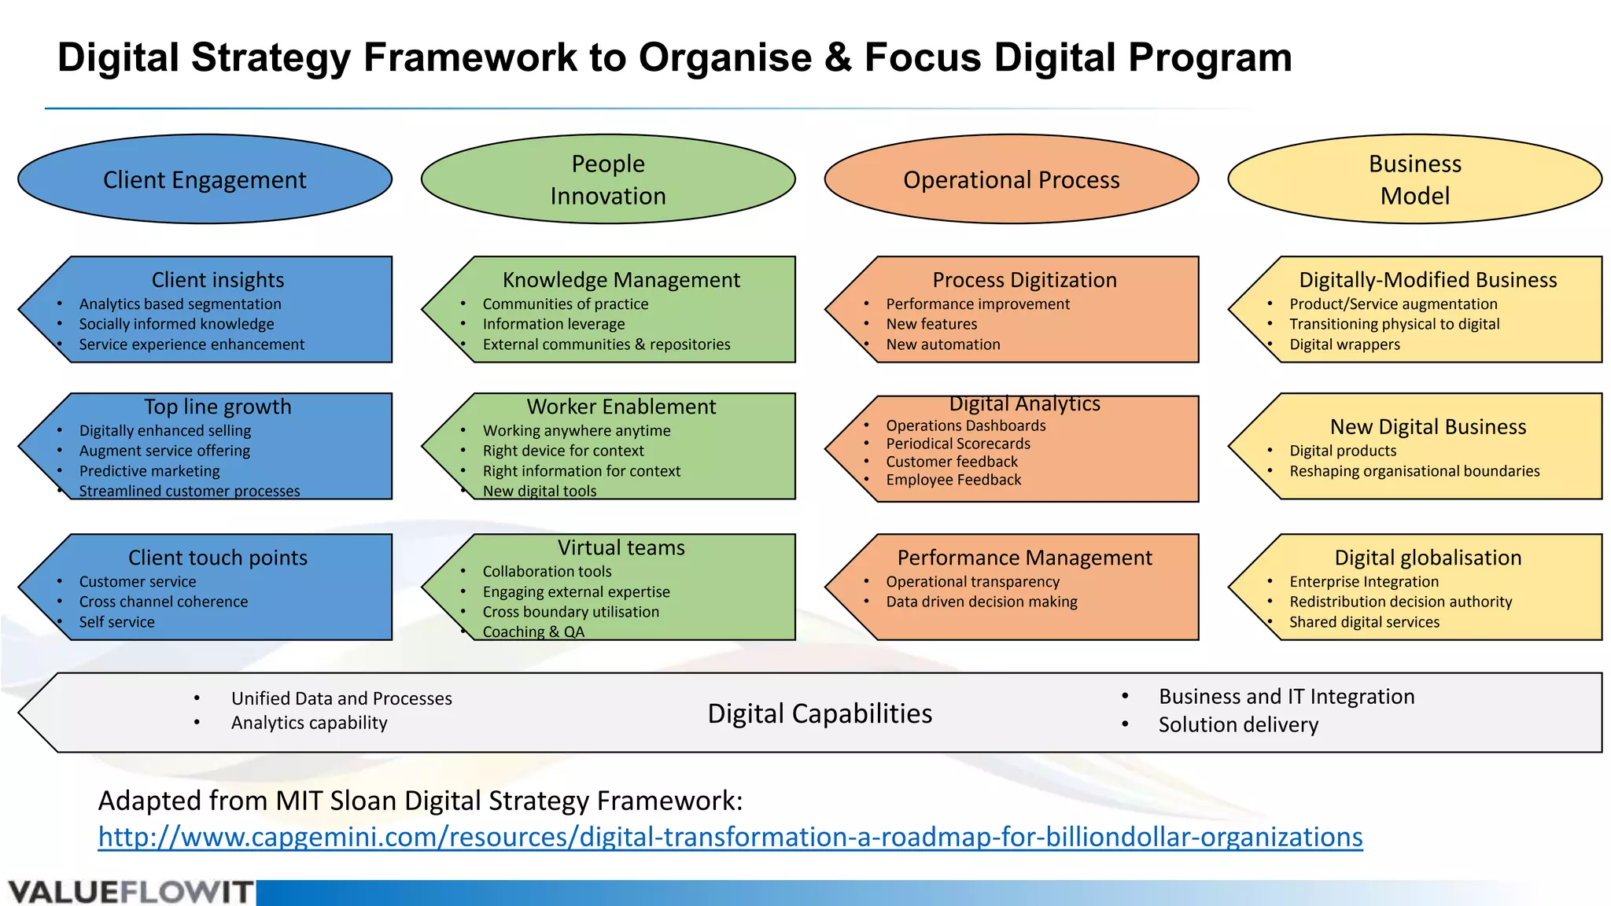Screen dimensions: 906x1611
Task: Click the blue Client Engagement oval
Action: click(x=205, y=179)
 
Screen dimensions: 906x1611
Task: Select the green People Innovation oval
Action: click(x=608, y=179)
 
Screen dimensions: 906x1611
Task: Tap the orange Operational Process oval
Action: click(x=1011, y=179)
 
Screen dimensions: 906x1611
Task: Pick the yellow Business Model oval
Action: click(x=1414, y=179)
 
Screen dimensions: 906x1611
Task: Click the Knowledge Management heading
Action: click(x=621, y=280)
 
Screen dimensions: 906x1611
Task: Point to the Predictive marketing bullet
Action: click(x=149, y=471)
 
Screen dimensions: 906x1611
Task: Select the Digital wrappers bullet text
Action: click(x=1344, y=344)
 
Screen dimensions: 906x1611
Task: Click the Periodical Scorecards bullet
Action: click(x=958, y=444)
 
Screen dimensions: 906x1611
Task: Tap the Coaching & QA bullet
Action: click(x=533, y=632)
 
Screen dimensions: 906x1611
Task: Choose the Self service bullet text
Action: click(x=116, y=622)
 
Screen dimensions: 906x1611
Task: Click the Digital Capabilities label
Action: click(x=820, y=713)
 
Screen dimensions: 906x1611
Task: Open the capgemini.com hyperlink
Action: click(x=730, y=837)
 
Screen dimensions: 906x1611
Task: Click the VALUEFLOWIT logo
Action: click(x=131, y=893)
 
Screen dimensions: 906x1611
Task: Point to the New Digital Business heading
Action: click(x=1428, y=427)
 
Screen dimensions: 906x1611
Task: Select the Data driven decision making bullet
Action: click(x=982, y=602)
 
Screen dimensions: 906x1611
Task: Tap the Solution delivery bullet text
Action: click(x=1238, y=724)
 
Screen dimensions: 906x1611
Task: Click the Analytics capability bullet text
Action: click(x=309, y=723)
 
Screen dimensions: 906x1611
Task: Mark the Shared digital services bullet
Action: click(x=1364, y=622)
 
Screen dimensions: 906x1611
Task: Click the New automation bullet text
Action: click(x=943, y=344)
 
